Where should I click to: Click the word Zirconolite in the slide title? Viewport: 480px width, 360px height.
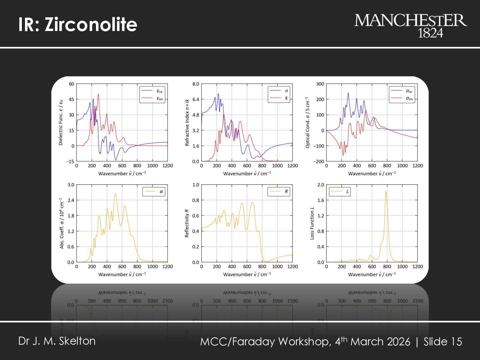point(91,24)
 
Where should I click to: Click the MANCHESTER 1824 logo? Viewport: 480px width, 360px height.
point(410,25)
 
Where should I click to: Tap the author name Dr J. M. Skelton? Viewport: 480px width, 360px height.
point(57,341)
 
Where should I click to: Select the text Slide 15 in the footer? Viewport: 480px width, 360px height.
point(443,342)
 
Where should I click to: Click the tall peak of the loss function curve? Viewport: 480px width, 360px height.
point(386,192)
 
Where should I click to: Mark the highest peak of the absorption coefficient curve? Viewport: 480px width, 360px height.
point(115,194)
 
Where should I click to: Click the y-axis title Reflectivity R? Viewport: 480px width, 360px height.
point(187,223)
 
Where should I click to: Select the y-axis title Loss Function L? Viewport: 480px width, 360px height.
point(312,223)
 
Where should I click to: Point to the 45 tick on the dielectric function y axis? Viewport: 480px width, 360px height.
point(71,99)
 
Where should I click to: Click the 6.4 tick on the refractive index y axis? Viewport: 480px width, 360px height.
point(196,99)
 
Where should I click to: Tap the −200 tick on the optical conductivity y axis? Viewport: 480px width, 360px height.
point(319,161)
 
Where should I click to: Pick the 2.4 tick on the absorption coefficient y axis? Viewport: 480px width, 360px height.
point(71,200)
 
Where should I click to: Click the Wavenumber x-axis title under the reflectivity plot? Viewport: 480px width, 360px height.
point(247,274)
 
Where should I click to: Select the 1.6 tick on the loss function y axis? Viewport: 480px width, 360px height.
point(321,200)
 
